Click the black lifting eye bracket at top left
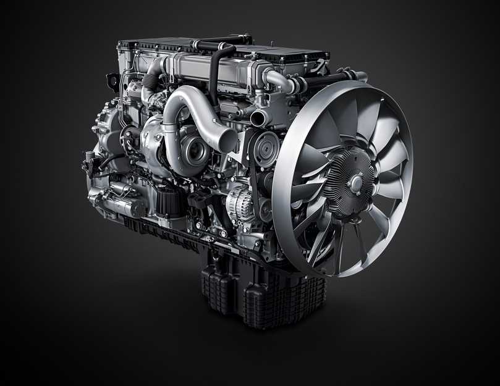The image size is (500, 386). click(x=113, y=81)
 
